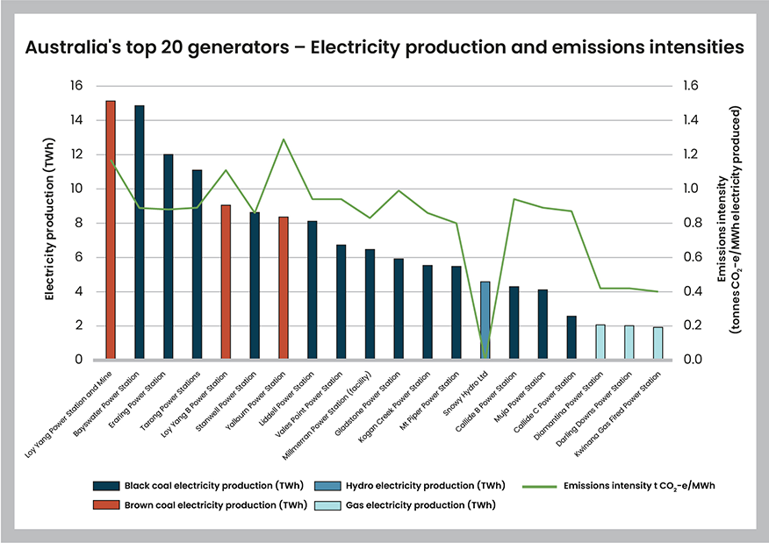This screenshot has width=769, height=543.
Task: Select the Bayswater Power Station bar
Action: (140, 232)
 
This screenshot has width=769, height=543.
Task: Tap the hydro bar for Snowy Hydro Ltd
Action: (485, 321)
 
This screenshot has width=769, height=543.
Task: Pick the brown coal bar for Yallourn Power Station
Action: (284, 289)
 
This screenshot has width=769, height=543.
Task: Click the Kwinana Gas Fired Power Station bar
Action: (658, 343)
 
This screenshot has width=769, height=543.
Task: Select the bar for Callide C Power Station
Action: (571, 338)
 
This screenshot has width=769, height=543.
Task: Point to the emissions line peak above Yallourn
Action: (284, 139)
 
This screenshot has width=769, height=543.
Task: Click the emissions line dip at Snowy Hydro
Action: (485, 356)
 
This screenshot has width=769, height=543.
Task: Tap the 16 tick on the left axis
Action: (75, 86)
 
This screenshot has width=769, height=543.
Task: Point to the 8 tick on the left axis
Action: (79, 223)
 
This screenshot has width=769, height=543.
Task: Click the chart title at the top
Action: (384, 46)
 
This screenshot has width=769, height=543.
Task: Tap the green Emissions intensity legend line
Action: (539, 485)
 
